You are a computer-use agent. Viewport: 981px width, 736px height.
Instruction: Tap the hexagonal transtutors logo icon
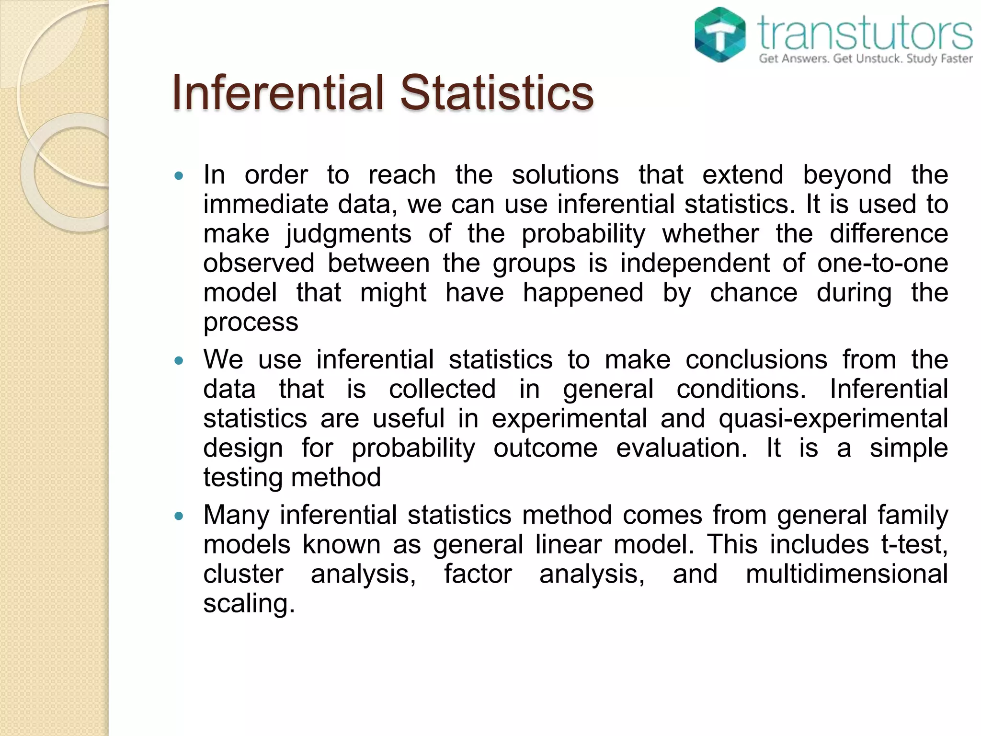click(719, 34)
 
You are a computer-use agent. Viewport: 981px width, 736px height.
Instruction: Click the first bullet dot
click(179, 176)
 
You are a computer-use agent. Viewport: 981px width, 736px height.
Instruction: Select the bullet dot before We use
click(179, 360)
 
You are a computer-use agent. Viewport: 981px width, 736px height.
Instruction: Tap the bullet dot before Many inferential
click(179, 516)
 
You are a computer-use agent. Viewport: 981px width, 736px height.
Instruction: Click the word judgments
click(348, 234)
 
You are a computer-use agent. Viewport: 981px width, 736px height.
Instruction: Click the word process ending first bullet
click(251, 322)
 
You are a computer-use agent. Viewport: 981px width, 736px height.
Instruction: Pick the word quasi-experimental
click(833, 418)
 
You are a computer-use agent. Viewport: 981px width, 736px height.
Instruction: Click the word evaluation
click(681, 448)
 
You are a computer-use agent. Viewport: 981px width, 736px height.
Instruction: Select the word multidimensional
click(846, 574)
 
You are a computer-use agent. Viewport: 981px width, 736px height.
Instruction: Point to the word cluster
click(243, 574)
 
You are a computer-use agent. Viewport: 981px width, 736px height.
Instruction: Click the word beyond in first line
click(847, 175)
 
